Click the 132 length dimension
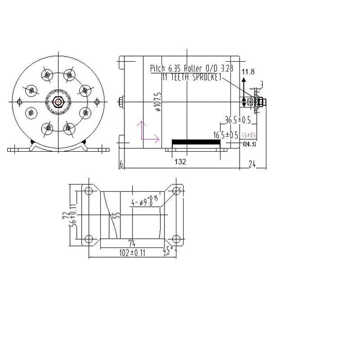pos(179,161)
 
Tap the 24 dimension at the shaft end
pos(253,164)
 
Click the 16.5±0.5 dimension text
pos(226,135)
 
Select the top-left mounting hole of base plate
pos(88,191)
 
